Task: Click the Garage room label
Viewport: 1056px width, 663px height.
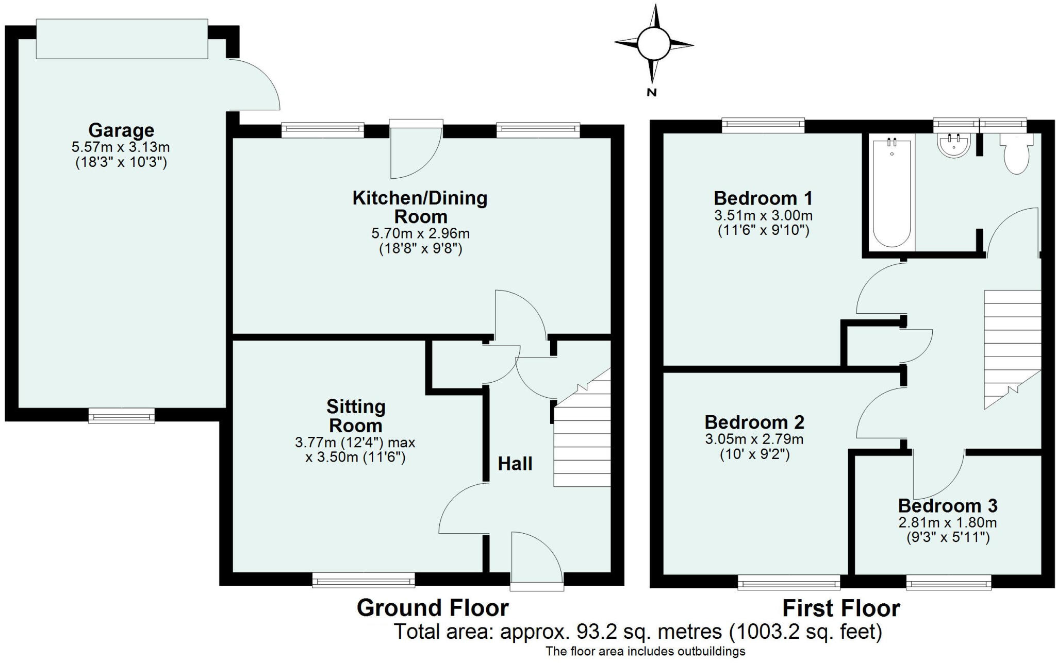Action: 121,130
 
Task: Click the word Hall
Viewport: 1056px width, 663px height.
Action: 515,464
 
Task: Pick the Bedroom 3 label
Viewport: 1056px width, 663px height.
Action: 947,505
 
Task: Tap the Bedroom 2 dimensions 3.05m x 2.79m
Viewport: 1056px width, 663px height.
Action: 754,439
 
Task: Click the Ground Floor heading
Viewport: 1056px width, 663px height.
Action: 432,608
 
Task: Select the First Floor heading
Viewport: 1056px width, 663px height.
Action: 841,608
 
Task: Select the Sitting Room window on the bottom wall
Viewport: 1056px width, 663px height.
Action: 364,581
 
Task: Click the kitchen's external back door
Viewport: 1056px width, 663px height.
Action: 416,149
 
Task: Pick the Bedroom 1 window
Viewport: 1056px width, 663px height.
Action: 763,125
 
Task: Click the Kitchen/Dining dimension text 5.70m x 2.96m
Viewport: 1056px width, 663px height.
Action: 420,233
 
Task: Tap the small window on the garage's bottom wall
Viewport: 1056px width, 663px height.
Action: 121,416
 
